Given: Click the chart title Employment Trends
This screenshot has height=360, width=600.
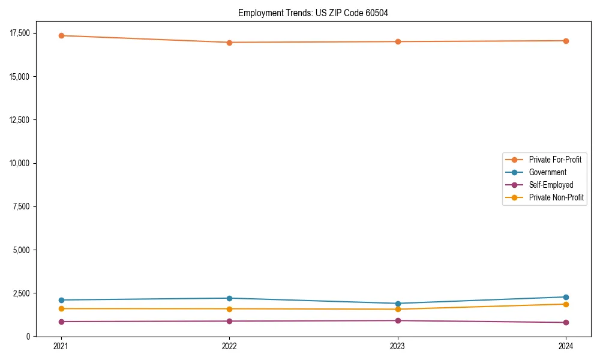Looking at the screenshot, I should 313,13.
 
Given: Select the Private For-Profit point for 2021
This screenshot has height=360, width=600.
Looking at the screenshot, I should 61,35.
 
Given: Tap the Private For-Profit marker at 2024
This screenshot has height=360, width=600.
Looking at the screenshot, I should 566,41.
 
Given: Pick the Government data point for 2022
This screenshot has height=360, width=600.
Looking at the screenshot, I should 229,298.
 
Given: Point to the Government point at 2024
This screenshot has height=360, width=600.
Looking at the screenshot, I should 566,297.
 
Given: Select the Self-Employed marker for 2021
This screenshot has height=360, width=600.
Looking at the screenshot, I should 61,322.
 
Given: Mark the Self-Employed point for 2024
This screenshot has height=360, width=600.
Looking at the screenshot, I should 566,323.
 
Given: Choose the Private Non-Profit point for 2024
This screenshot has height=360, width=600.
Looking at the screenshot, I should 566,304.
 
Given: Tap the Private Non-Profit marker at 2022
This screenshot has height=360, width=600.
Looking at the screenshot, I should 229,309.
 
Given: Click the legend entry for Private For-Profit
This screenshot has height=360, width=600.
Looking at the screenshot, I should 554,160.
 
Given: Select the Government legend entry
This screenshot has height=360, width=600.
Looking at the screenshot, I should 547,172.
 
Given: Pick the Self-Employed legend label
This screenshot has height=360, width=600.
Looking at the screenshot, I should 551,185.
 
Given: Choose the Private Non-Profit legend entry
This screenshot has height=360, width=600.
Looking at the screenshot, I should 556,197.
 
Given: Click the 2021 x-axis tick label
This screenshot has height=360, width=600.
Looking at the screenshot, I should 61,346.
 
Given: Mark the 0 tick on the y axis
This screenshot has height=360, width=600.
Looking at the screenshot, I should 28,337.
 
